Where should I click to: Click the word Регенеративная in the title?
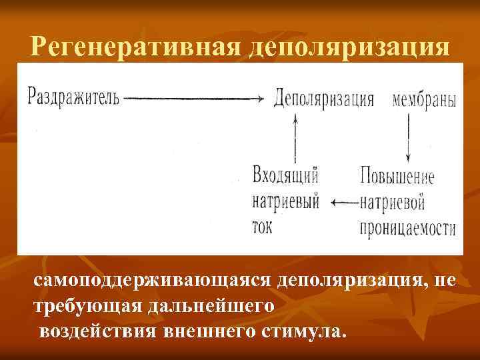pos(135,47)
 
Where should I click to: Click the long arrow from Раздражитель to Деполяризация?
pos(194,99)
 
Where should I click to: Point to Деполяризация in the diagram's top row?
pos(323,99)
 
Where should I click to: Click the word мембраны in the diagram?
pos(425,100)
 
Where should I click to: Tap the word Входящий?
pos(286,176)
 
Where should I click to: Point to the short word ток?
pos(264,225)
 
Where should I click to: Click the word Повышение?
pos(397,177)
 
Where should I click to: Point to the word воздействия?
pos(98,331)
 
